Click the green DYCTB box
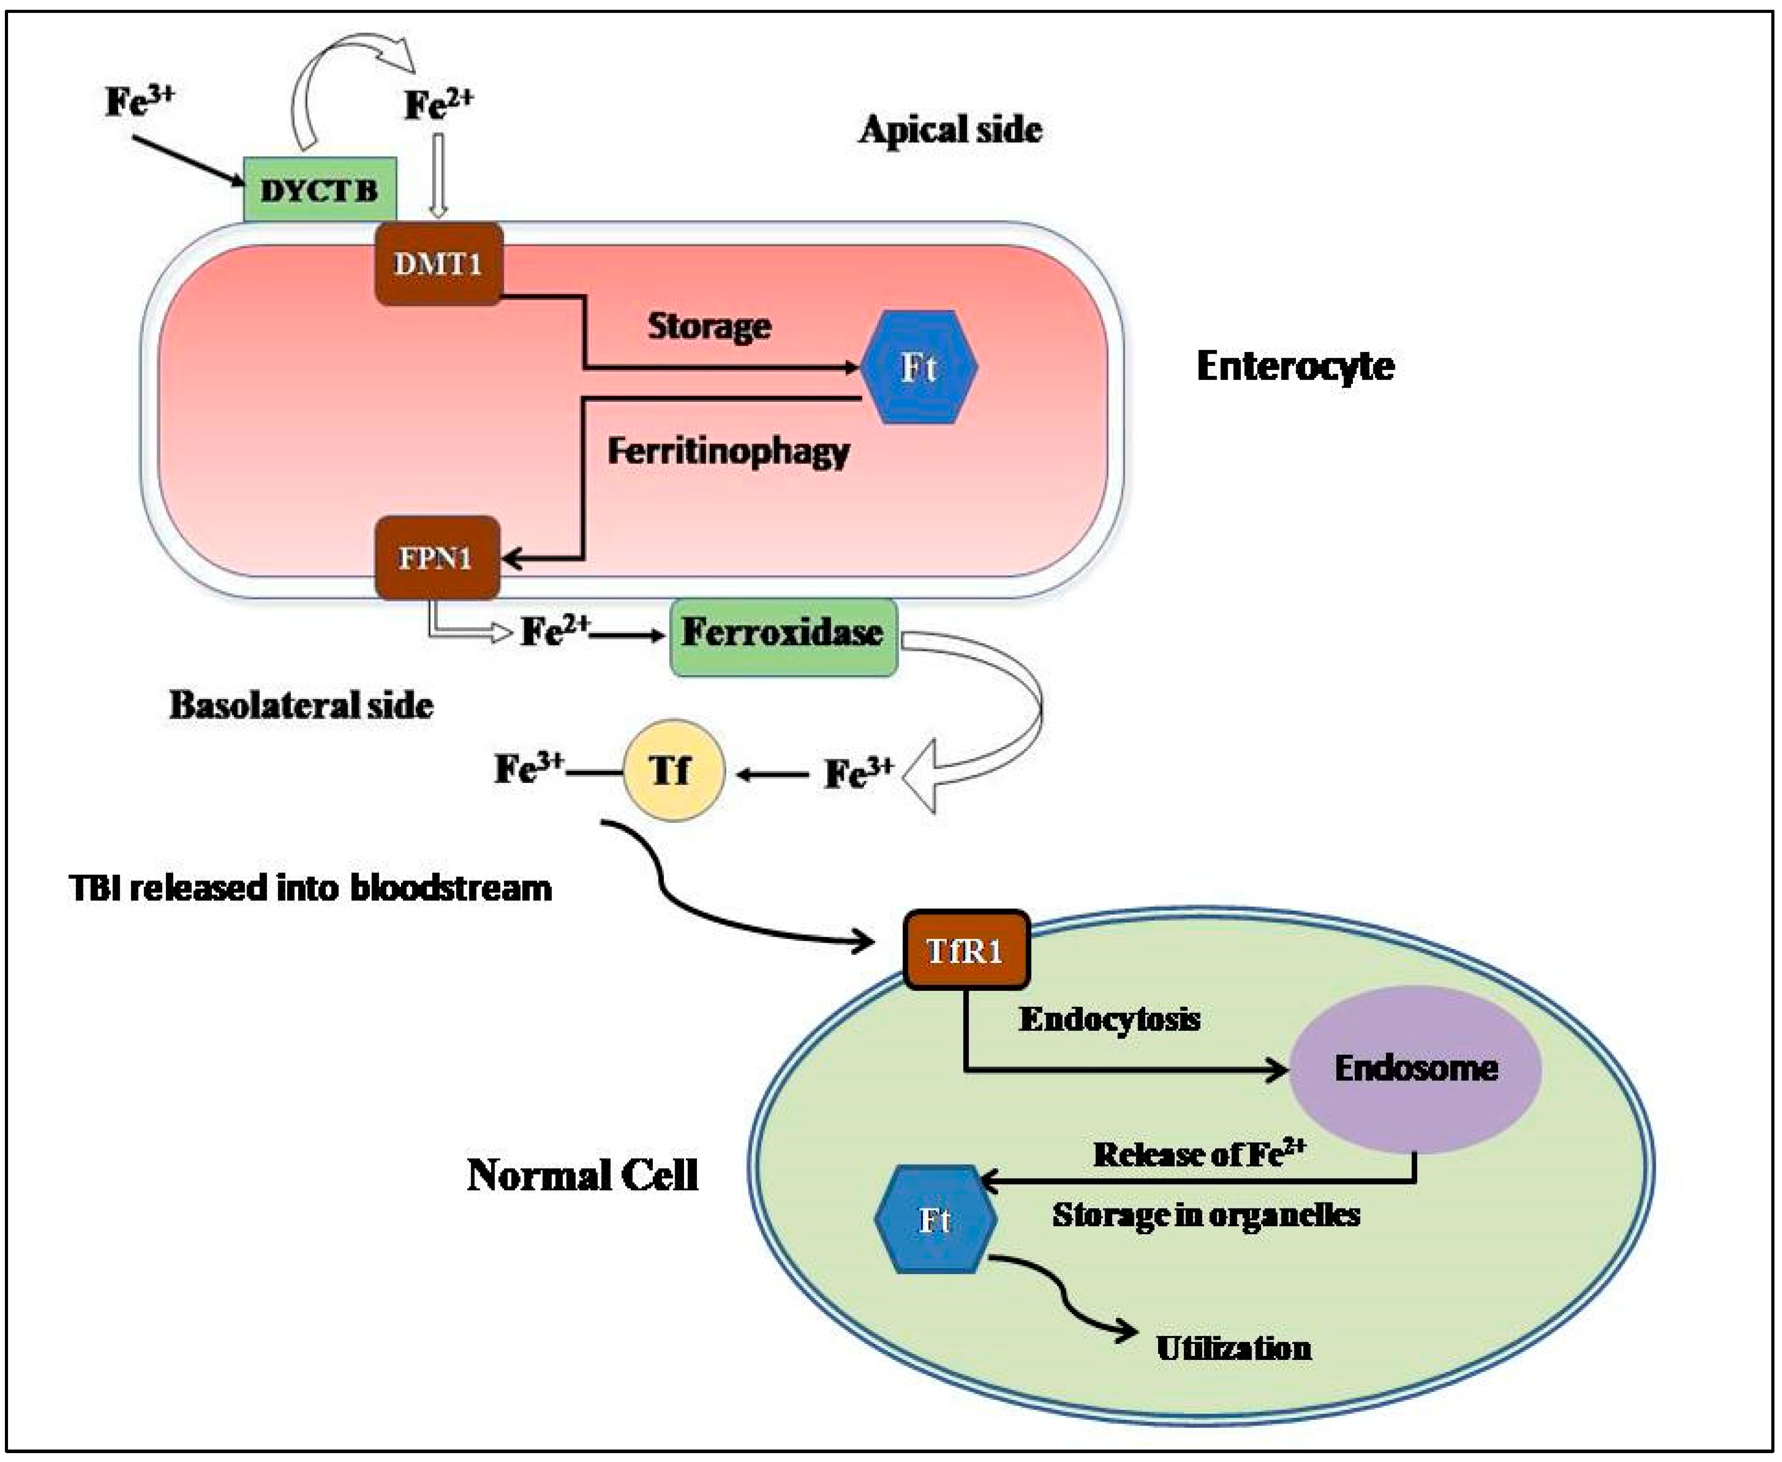point(319,190)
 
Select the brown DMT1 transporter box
point(438,264)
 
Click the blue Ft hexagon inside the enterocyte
point(918,367)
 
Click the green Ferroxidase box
point(783,637)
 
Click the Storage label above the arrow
point(709,326)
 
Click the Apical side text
point(950,130)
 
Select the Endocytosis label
point(1109,1019)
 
